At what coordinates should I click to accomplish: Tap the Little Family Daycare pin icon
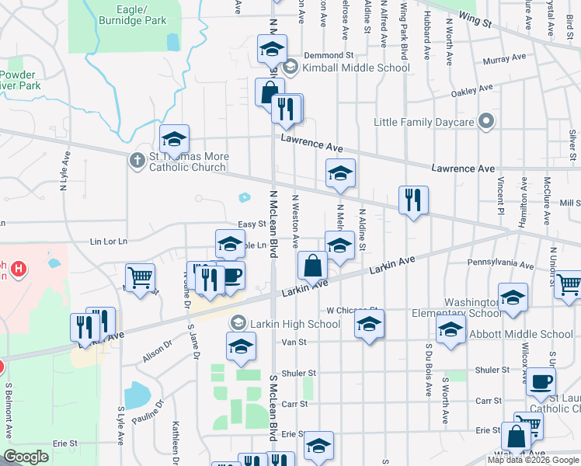[486, 122]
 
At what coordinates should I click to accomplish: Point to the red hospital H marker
[19, 270]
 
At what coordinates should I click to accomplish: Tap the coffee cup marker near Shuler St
[541, 381]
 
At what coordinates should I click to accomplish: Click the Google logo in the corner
[26, 457]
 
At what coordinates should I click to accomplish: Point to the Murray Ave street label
[504, 60]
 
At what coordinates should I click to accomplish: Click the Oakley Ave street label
[472, 92]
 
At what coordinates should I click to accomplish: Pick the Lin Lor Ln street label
[108, 242]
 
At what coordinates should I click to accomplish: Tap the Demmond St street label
[329, 56]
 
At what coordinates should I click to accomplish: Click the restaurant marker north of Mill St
[413, 200]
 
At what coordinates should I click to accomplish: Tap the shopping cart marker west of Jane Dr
[140, 276]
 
